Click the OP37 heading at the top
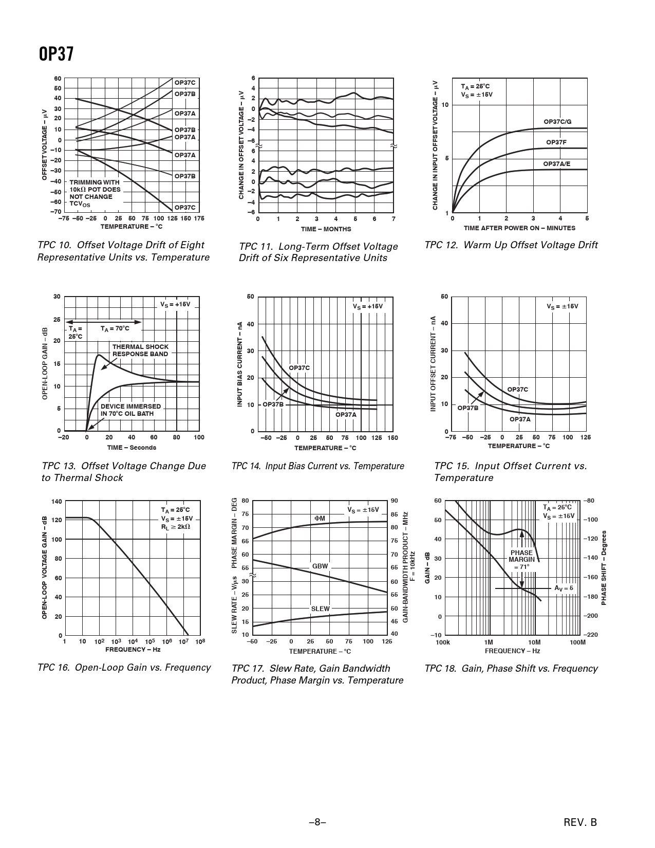pos(56,54)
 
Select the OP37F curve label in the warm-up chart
pos(556,142)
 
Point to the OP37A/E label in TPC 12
pos(557,164)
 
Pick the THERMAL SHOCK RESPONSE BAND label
pos(140,350)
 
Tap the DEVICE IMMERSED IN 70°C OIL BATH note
pos(130,410)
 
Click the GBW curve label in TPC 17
pos(320,566)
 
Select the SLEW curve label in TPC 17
pos(320,609)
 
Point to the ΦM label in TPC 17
pos(320,518)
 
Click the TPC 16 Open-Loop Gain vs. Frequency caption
pos(124,668)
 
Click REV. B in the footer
pos(580,822)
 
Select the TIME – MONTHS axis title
pos(326,229)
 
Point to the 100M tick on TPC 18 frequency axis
pos(577,642)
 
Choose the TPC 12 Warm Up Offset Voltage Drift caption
pos(511,245)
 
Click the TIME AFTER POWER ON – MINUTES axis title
pos(519,228)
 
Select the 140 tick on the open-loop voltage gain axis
pos(57,501)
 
